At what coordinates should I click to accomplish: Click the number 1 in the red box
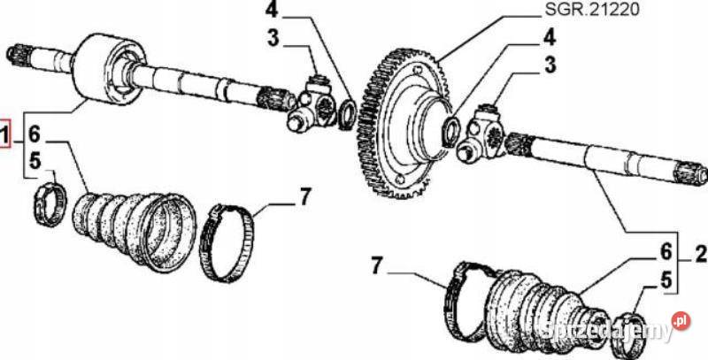click(6, 136)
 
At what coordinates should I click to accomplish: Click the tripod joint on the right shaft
click(483, 132)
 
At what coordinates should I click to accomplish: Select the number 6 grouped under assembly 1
click(34, 136)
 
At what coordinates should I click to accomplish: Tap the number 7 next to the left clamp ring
click(305, 195)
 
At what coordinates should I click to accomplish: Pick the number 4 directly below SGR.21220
click(550, 39)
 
